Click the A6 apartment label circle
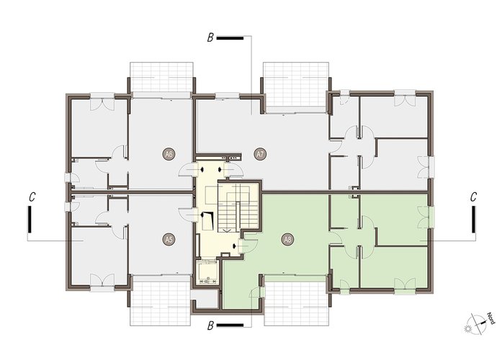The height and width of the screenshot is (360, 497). tap(169, 155)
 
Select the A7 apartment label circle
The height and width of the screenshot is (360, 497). tap(260, 155)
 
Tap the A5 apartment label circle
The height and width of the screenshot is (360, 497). tap(169, 240)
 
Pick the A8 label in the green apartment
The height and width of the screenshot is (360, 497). tap(287, 240)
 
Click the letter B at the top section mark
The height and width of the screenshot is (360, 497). tap(210, 38)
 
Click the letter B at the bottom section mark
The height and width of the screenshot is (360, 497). tap(210, 325)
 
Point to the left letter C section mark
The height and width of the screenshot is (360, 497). tap(32, 197)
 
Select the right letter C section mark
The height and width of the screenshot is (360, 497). tap(473, 197)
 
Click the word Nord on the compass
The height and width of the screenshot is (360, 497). tap(491, 318)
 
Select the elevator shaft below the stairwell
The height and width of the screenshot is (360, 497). tap(207, 272)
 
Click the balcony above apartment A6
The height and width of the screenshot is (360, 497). tap(161, 77)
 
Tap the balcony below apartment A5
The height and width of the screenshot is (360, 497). tap(161, 303)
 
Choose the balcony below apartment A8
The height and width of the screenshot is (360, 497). tap(296, 303)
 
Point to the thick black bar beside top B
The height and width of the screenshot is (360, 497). tap(230, 38)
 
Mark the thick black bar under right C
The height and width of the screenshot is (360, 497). tap(473, 220)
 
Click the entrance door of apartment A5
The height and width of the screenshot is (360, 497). tap(188, 215)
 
